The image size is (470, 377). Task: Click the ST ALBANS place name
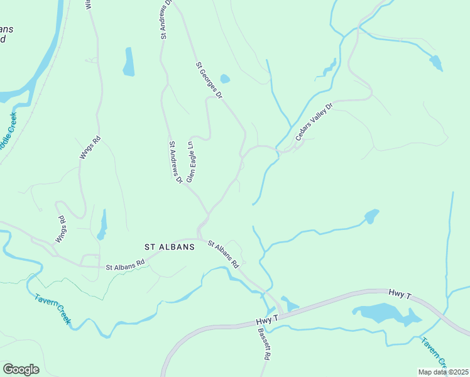pyautogui.click(x=170, y=248)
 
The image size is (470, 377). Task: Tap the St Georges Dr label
pyautogui.click(x=209, y=80)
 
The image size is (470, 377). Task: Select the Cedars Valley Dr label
pyautogui.click(x=313, y=119)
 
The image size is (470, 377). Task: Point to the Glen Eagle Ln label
pyautogui.click(x=189, y=161)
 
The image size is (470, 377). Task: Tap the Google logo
pyautogui.click(x=21, y=369)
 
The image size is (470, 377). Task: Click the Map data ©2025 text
pyautogui.click(x=442, y=372)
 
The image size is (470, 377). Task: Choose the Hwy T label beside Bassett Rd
pyautogui.click(x=266, y=320)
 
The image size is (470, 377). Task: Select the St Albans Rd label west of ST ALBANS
pyautogui.click(x=125, y=267)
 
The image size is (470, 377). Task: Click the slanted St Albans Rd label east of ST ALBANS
pyautogui.click(x=224, y=254)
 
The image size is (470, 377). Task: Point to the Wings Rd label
pyautogui.click(x=62, y=229)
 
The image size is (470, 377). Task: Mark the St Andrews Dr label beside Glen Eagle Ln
pyautogui.click(x=175, y=162)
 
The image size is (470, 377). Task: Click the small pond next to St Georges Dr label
pyautogui.click(x=225, y=79)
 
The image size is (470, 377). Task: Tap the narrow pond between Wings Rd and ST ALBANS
pyautogui.click(x=102, y=225)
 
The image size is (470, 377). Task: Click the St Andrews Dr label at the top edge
pyautogui.click(x=165, y=20)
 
